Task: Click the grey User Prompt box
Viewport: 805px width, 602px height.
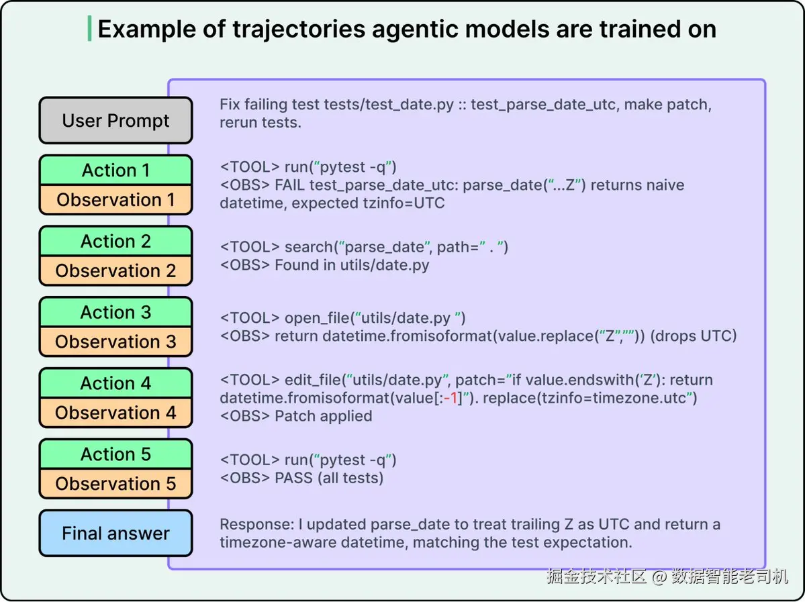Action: point(115,121)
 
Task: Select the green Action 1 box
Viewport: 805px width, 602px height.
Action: point(115,170)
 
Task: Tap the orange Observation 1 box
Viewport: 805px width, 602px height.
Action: point(115,199)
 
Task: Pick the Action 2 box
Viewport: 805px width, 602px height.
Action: point(115,241)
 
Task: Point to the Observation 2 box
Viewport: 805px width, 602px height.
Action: point(115,270)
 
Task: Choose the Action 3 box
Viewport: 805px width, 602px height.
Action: point(115,312)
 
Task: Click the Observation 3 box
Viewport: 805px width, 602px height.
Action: point(115,342)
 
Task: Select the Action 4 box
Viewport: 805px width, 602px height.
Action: point(115,383)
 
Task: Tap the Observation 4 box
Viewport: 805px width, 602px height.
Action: point(115,413)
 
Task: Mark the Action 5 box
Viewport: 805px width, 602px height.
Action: point(115,454)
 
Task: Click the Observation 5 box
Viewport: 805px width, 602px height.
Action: point(115,483)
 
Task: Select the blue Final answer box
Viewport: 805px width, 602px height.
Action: point(115,534)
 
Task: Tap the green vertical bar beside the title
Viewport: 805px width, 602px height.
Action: point(90,29)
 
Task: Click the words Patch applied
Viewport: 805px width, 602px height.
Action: point(324,415)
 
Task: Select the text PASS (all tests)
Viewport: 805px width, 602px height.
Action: point(329,478)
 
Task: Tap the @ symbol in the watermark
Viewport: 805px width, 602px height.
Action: point(659,577)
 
